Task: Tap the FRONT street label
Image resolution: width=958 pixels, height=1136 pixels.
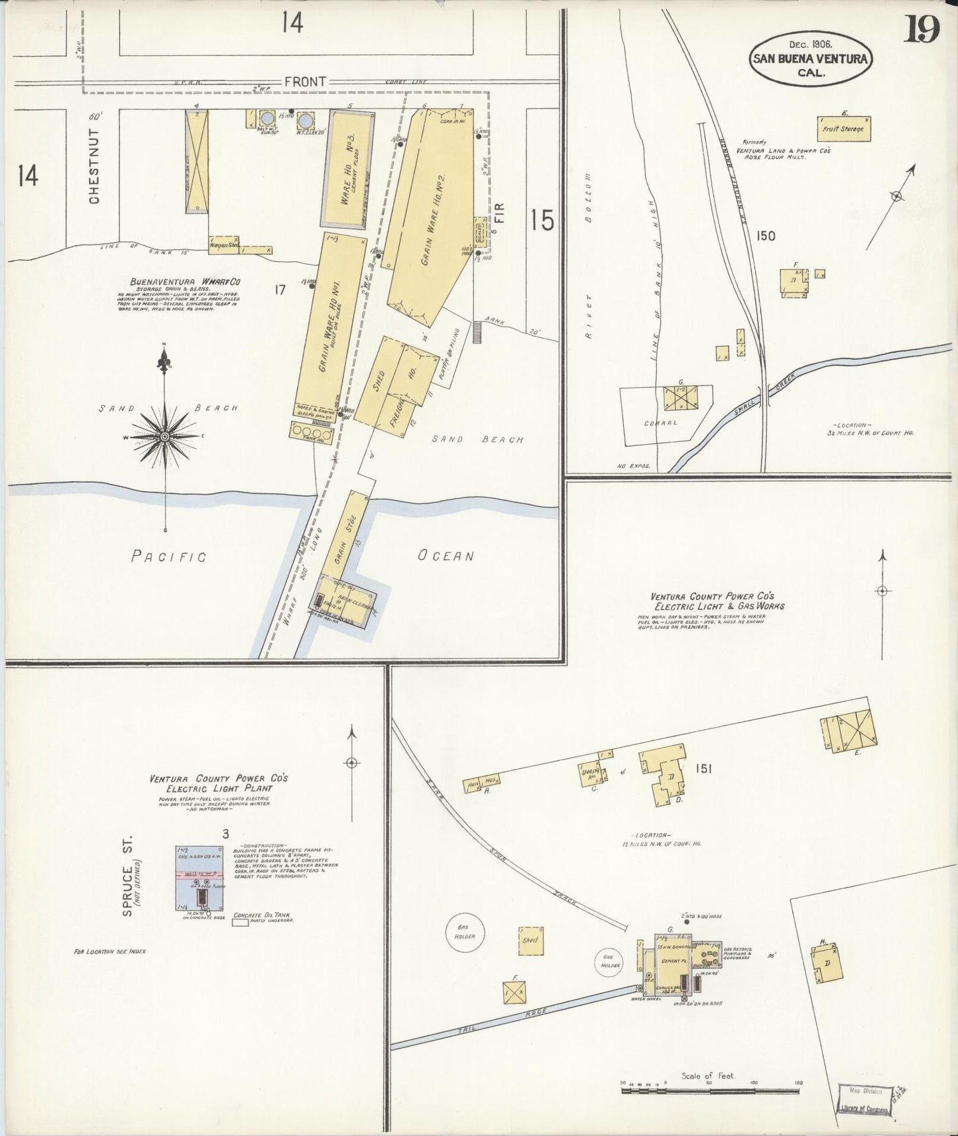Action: (x=305, y=82)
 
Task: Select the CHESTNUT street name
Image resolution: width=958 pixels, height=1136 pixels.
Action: (x=95, y=166)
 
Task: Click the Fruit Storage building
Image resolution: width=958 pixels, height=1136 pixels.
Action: (x=843, y=129)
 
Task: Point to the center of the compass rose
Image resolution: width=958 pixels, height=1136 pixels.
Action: (x=164, y=437)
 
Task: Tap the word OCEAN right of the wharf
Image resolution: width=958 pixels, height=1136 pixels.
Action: (x=446, y=555)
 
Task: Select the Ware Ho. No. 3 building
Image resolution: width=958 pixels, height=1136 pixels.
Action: (x=347, y=169)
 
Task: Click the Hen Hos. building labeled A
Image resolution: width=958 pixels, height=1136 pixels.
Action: (x=482, y=783)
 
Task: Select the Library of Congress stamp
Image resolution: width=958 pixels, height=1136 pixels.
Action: (x=864, y=1098)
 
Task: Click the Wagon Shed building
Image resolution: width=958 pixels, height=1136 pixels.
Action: (x=223, y=245)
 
